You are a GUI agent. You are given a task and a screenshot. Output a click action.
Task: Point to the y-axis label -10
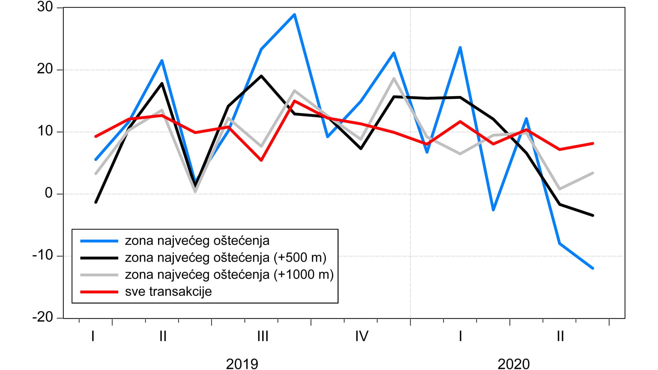(43, 255)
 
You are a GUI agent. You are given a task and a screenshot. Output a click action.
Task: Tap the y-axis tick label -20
(43, 317)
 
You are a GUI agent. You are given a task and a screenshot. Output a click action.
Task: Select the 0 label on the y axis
(49, 193)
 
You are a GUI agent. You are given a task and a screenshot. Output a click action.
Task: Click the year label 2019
(242, 363)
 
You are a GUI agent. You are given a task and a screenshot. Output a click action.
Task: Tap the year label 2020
(513, 363)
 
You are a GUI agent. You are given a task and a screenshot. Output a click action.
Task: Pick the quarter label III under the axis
(263, 336)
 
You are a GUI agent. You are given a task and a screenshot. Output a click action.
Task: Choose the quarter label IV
(362, 336)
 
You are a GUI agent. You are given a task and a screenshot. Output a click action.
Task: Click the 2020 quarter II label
(560, 336)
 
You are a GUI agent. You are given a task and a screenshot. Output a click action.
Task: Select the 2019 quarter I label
(93, 336)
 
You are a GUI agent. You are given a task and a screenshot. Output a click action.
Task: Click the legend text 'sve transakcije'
(168, 292)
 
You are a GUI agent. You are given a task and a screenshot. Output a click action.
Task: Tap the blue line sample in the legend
(99, 241)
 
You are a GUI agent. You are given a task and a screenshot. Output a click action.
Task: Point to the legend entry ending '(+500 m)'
(226, 258)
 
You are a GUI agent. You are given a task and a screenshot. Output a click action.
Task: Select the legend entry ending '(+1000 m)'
(229, 275)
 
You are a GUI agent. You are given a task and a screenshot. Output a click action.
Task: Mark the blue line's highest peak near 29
(294, 14)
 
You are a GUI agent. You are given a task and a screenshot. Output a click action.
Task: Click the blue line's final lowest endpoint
(593, 268)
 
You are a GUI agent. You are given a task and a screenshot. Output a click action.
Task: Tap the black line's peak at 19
(261, 76)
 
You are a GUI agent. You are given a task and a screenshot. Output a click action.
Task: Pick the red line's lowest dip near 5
(261, 160)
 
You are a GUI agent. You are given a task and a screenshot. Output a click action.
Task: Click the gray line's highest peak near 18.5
(394, 78)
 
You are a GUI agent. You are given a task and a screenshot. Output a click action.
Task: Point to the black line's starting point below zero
(96, 202)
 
